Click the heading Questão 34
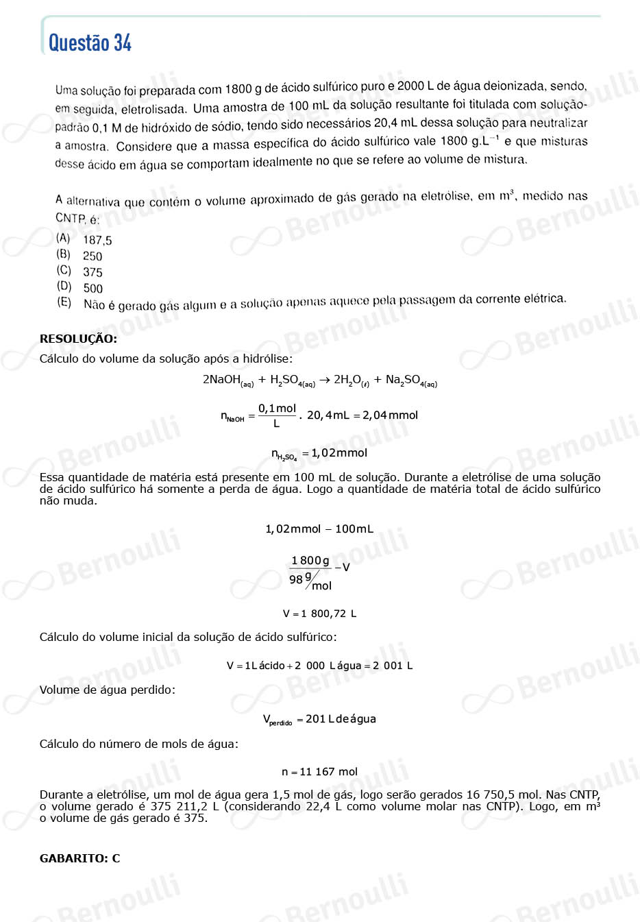coord(90,43)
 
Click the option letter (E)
coord(64,302)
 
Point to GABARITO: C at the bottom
coord(79,858)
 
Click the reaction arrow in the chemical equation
coord(324,380)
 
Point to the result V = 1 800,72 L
coord(319,614)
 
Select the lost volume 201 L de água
coord(341,719)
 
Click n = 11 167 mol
coord(319,772)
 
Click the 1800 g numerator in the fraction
coord(310,561)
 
